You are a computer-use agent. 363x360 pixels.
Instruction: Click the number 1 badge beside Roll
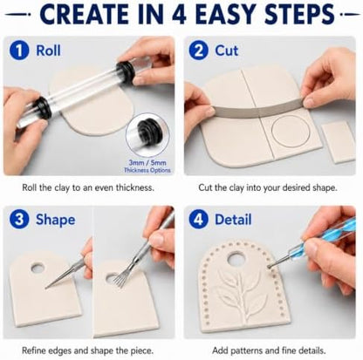(19, 51)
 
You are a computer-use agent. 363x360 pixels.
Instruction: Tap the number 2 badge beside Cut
(198, 51)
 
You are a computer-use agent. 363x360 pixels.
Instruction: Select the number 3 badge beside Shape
(19, 220)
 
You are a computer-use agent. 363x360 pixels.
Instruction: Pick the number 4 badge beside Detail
(198, 220)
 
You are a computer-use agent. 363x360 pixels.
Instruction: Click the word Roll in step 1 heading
(48, 51)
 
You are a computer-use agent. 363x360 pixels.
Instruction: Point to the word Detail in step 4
(233, 220)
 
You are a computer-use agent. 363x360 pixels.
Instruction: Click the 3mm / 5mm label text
(147, 163)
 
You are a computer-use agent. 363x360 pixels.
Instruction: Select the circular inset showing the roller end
(147, 135)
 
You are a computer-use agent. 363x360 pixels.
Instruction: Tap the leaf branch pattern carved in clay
(243, 294)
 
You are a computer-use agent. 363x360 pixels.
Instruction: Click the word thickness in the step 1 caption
(134, 187)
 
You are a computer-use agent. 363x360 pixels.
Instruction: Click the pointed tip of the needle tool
(45, 289)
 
